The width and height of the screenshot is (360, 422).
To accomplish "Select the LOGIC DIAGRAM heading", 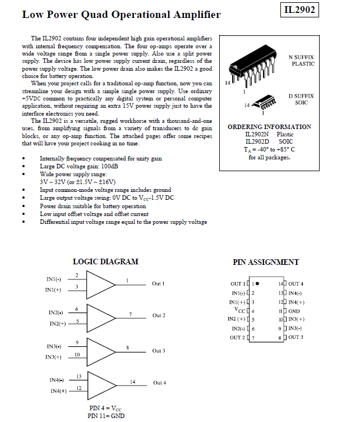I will click(105, 262).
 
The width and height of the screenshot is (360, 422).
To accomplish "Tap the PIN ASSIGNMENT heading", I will click(266, 262).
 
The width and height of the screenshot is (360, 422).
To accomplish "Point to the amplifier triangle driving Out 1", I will click(101, 284).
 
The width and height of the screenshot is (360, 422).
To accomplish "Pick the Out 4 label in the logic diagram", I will click(160, 383).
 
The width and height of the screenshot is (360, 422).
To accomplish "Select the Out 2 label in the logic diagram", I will click(159, 315).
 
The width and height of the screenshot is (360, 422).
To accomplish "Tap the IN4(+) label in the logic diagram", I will click(59, 391).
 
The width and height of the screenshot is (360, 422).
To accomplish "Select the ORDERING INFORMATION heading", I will click(269, 127).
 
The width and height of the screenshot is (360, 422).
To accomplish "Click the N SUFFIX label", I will click(301, 57).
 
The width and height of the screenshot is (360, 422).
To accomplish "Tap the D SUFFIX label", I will click(301, 96).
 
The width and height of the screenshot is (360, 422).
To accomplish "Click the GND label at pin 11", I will click(294, 311).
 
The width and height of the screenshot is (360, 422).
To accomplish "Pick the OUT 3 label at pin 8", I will click(296, 337).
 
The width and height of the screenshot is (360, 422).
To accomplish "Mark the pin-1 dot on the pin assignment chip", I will click(257, 284).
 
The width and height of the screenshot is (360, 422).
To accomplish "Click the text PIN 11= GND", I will click(106, 416).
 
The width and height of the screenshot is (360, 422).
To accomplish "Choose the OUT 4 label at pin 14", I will click(296, 284).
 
